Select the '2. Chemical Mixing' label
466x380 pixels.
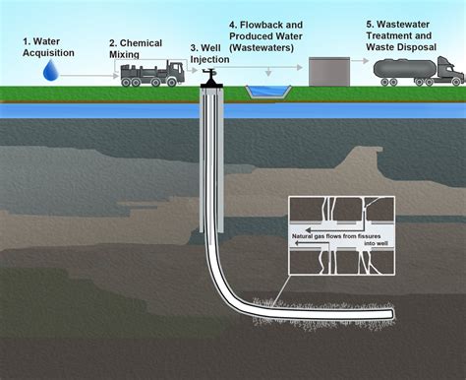click(135, 49)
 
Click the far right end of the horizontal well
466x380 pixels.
click(392, 314)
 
